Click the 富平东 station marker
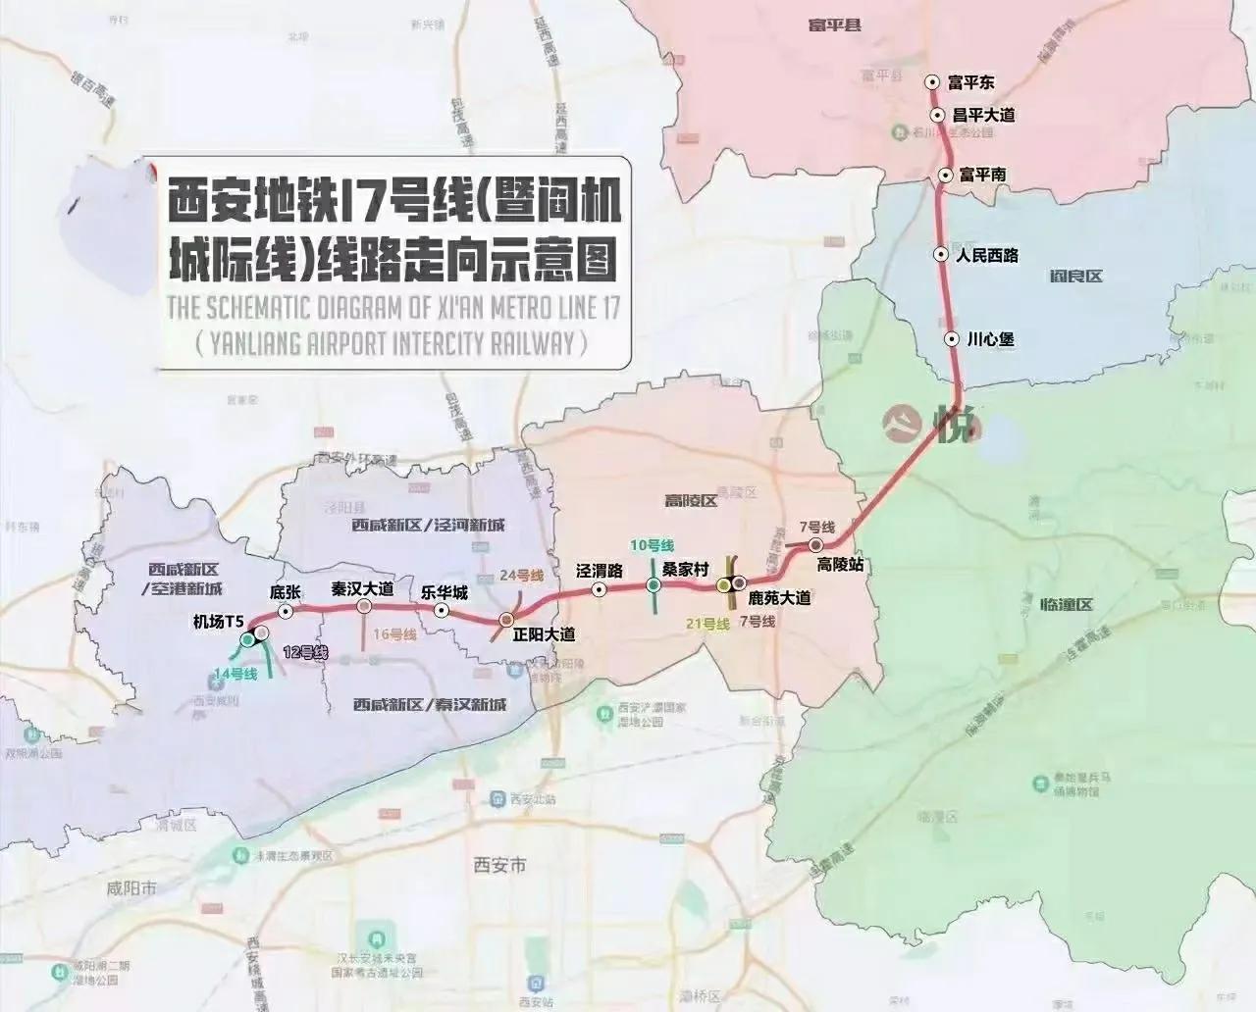pos(933,83)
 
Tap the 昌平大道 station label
pos(983,115)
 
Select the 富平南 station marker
pos(944,176)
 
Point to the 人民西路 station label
pos(988,256)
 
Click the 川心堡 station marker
pos(951,339)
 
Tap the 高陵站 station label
pos(841,565)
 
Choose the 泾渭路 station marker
pos(599,589)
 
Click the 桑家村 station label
pos(685,569)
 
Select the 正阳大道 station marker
pos(507,620)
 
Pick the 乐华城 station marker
pos(443,610)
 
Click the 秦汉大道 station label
pos(362,589)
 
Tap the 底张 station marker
pos(286,611)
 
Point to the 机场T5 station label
pos(219,621)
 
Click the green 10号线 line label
pos(653,545)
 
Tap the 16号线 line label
pos(395,635)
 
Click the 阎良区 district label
pos(1075,277)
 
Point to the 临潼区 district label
pos(1070,605)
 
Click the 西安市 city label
pos(499,865)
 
